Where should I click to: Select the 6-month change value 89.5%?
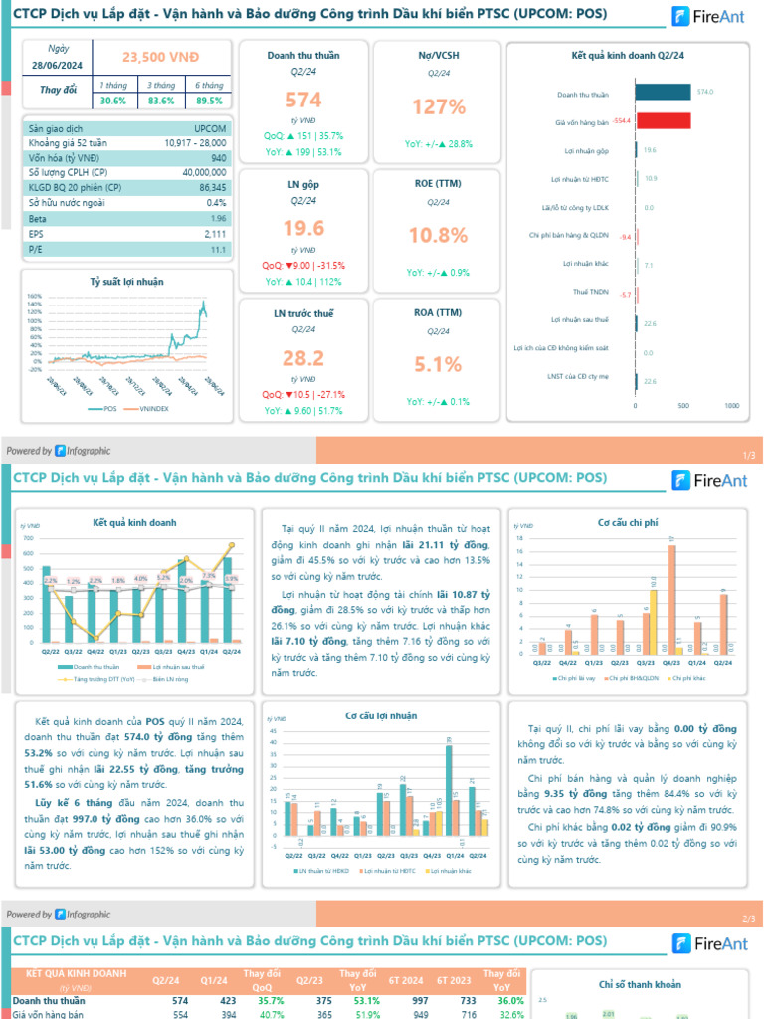click(x=209, y=101)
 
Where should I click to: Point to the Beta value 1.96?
click(x=219, y=218)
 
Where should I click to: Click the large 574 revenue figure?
click(x=304, y=100)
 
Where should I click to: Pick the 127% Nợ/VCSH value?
click(x=439, y=107)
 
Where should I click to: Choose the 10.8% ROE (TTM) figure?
click(x=439, y=236)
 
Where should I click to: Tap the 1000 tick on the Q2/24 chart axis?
click(x=731, y=407)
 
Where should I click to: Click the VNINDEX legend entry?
click(x=153, y=409)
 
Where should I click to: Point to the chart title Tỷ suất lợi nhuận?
click(x=126, y=282)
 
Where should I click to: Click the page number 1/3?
click(x=749, y=455)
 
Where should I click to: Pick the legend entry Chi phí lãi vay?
click(x=576, y=679)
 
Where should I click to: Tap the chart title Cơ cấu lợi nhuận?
click(x=381, y=715)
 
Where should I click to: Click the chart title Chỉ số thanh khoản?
click(x=640, y=985)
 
